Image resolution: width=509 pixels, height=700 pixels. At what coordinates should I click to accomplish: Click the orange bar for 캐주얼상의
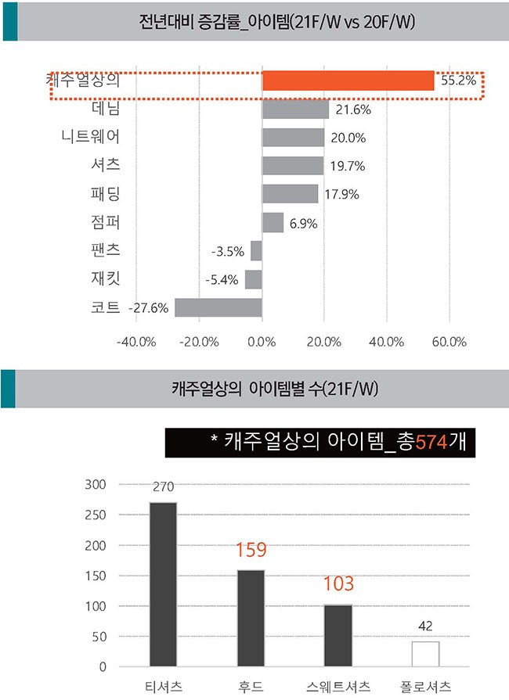point(348,81)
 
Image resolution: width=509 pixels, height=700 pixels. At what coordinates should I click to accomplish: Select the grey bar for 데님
point(295,109)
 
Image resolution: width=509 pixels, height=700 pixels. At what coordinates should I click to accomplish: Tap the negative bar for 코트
point(218,307)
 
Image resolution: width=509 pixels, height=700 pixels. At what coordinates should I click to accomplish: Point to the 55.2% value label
point(458,81)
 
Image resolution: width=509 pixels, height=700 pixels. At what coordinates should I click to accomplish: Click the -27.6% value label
point(148,308)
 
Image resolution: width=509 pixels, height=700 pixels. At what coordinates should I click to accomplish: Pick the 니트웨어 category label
point(90,138)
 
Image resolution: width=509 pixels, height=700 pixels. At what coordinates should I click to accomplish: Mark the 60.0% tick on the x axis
point(449,343)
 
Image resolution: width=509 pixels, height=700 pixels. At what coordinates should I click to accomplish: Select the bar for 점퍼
point(273,223)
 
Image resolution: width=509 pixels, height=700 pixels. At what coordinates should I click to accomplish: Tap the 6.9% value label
point(303,224)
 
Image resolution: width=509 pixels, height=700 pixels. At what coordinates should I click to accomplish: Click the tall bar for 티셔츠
point(163,584)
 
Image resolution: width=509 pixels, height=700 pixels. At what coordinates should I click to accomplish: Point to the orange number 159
point(251,551)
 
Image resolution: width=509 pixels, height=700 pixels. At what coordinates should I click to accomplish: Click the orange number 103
point(338,583)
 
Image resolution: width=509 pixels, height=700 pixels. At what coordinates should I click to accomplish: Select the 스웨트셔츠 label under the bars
point(338,687)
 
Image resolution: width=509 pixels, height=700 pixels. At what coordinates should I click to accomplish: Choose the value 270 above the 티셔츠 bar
point(163,487)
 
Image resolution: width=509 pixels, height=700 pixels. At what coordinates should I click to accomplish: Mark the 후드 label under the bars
point(251,687)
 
